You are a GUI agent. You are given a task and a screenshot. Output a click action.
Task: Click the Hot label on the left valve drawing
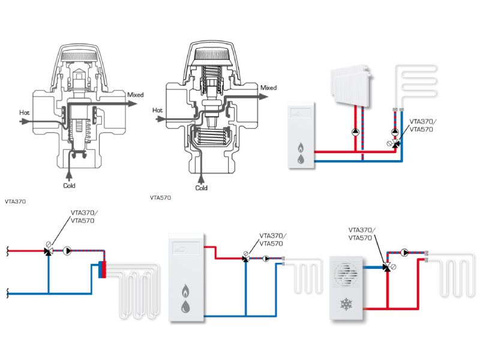25,112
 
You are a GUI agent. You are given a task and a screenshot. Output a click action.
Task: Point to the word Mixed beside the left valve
136,95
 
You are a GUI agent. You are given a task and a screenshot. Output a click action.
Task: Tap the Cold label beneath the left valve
70,185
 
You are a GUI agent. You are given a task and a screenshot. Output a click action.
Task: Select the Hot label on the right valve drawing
158,110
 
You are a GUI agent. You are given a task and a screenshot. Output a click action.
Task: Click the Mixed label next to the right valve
269,88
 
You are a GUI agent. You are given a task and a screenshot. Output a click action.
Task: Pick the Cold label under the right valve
202,188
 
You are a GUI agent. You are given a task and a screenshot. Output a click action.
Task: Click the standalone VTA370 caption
15,202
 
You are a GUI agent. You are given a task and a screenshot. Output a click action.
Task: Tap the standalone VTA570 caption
161,197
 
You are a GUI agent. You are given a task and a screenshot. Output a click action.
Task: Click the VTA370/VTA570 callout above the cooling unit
362,233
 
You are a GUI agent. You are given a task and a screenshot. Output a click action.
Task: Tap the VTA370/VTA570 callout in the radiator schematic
423,125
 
